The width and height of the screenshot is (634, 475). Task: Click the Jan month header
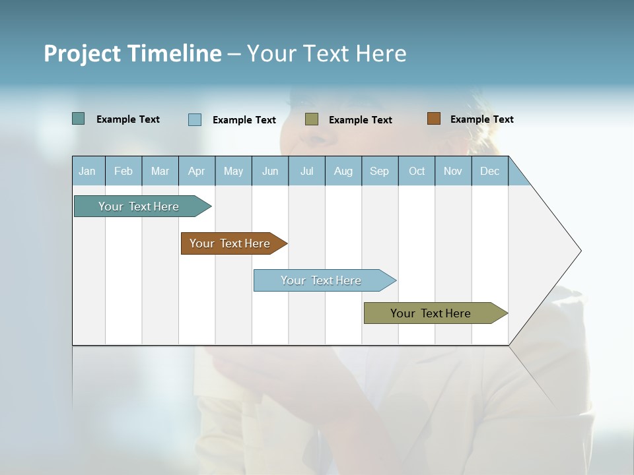tap(88, 171)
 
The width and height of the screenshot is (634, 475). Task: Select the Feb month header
tap(123, 171)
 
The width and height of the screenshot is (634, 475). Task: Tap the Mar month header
tap(160, 171)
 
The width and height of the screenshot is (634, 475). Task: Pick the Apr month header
tap(197, 171)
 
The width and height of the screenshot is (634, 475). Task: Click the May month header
tap(233, 171)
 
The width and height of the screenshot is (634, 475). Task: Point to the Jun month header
tap(270, 171)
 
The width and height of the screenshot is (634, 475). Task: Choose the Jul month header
tap(306, 171)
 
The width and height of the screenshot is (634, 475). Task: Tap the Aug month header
tap(343, 171)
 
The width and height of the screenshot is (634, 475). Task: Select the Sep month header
tap(380, 171)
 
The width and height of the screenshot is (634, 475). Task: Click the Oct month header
tap(417, 171)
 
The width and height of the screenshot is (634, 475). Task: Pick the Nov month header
tap(453, 171)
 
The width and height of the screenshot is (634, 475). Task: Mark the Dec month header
tap(490, 171)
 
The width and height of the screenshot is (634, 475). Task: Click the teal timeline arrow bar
tap(139, 206)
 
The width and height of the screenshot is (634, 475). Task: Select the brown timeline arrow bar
tap(230, 243)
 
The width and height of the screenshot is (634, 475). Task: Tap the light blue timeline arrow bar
tap(321, 280)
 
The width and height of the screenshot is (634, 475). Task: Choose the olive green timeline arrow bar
tap(431, 313)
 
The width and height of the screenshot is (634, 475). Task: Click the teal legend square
tap(79, 119)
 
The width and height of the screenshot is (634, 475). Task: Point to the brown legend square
tap(434, 119)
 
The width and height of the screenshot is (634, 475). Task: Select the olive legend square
tap(312, 119)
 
